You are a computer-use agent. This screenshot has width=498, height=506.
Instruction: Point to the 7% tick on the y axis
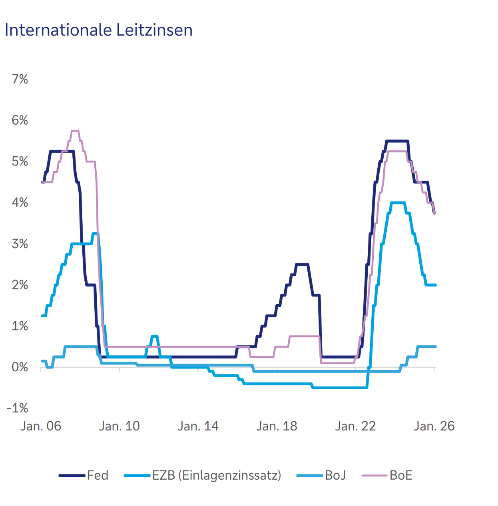20,79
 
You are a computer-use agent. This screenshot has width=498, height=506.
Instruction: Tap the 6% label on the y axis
20,120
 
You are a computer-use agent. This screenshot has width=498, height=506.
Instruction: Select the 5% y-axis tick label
20,161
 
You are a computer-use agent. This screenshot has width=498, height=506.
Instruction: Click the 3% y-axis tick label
20,244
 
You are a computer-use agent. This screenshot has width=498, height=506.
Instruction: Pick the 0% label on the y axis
20,367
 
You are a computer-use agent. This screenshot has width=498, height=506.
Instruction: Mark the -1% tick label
18,408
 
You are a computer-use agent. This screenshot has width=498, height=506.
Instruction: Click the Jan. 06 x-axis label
41,426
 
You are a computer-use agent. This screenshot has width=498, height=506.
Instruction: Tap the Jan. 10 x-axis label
120,426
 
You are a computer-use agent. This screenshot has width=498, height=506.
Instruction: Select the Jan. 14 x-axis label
198,426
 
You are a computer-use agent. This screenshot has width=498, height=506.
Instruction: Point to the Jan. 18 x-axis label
277,426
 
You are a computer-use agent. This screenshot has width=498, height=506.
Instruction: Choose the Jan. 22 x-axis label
356,426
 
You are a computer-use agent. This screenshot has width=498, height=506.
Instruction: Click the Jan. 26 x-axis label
434,426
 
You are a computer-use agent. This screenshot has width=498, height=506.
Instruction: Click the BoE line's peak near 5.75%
75,131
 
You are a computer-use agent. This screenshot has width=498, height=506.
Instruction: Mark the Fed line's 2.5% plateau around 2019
302,264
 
